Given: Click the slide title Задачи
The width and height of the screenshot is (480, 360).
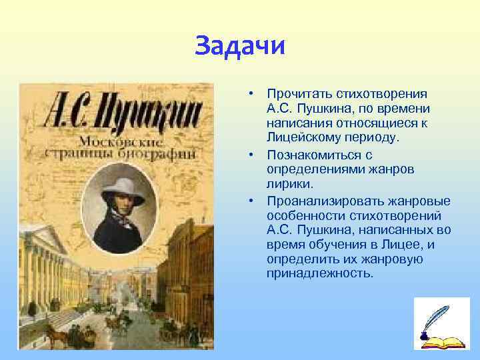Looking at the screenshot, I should [x=240, y=47].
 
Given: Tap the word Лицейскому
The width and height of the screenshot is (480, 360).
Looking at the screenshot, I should [x=298, y=137].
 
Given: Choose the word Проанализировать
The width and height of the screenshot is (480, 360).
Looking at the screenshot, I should [x=319, y=201].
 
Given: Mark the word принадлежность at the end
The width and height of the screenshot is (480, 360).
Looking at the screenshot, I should [x=320, y=273].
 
